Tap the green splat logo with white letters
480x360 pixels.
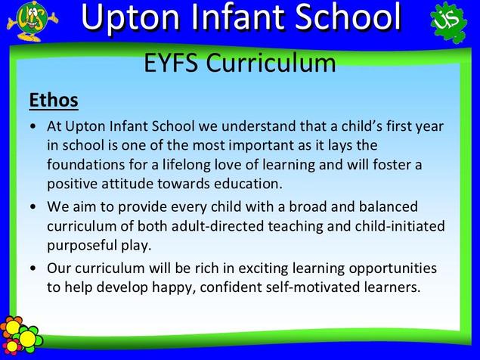pos(449,22)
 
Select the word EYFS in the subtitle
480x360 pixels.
pos(171,63)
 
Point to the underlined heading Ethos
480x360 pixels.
pos(54,100)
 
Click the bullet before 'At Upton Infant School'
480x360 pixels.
pos(33,126)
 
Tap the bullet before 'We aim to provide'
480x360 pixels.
pos(33,206)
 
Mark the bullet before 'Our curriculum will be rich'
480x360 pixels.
pos(33,268)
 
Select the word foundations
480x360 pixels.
pos(85,165)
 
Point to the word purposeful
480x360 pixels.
pos(82,246)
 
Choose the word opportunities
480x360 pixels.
pos(393,268)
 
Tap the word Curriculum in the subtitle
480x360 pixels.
pos(271,63)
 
